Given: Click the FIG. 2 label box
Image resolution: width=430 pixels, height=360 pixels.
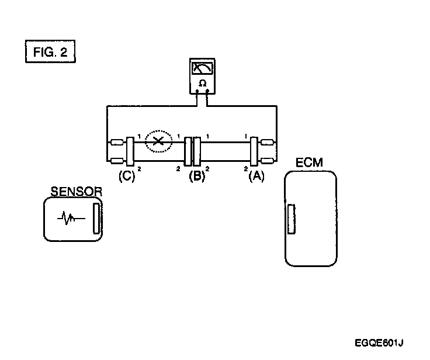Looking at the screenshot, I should pyautogui.click(x=51, y=51).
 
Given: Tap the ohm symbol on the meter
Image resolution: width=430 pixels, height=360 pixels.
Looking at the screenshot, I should pyautogui.click(x=202, y=84).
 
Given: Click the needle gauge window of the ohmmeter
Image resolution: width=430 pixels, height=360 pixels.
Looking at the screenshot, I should pyautogui.click(x=202, y=68).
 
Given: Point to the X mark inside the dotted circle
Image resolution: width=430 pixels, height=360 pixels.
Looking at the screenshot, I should pyautogui.click(x=158, y=141).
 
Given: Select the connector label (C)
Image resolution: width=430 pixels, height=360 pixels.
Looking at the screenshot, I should pyautogui.click(x=127, y=175).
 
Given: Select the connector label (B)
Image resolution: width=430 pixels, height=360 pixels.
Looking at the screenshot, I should pyautogui.click(x=196, y=175).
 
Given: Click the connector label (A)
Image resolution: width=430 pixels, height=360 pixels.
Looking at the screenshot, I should pyautogui.click(x=255, y=175).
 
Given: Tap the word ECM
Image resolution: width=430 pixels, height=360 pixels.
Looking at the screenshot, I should pyautogui.click(x=309, y=163).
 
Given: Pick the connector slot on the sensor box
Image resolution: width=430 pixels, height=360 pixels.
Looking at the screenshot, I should pyautogui.click(x=96, y=218).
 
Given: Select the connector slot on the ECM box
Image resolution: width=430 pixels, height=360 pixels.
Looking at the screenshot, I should pyautogui.click(x=290, y=219).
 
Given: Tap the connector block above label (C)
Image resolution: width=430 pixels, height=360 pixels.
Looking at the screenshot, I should pyautogui.click(x=130, y=150).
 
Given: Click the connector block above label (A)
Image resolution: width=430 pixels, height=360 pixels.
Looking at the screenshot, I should pyautogui.click(x=255, y=150).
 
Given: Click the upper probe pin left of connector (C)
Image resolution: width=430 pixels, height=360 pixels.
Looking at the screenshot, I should pyautogui.click(x=116, y=142).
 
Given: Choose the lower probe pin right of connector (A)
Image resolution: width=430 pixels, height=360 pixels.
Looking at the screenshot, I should pyautogui.click(x=269, y=159).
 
